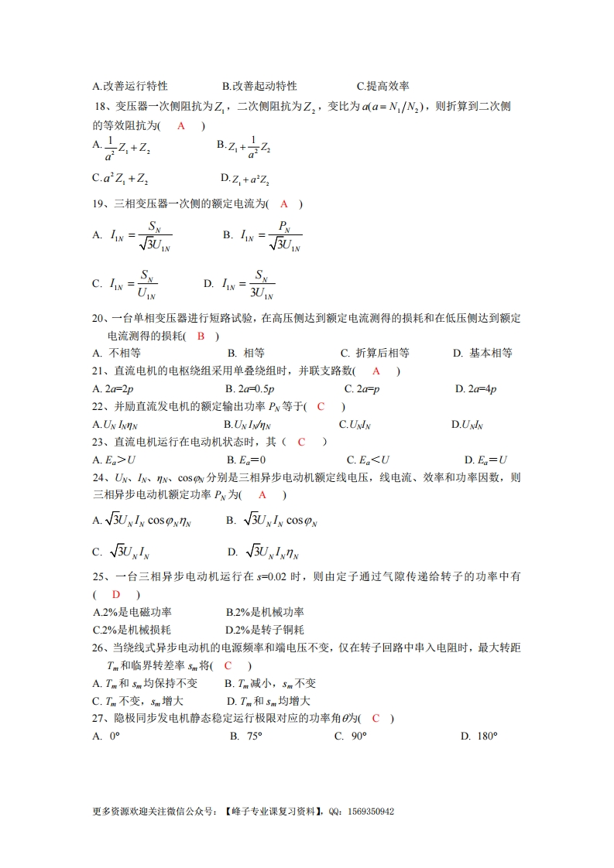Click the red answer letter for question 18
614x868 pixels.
pos(181,125)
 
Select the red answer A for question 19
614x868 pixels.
pos(284,204)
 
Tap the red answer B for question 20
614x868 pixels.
pos(201,336)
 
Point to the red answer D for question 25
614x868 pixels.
pos(116,594)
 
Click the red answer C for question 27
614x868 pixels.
pos(376,719)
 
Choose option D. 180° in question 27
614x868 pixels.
pos(479,736)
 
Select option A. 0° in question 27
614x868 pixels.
pos(106,736)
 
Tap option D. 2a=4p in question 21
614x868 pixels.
pos(476,388)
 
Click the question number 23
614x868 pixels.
pos(98,442)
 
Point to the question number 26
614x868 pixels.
pos(98,648)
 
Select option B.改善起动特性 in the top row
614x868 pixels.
pos(259,86)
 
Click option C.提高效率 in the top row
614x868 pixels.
pos(382,86)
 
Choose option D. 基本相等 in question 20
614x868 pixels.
pos(482,353)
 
